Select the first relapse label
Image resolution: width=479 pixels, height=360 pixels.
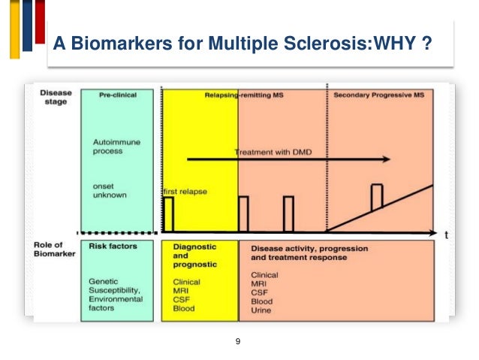(x=185, y=192)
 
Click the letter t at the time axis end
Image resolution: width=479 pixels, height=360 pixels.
(x=447, y=234)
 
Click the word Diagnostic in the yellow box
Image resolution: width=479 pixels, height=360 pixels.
(x=195, y=246)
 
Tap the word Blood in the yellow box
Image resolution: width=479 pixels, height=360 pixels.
(x=184, y=308)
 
